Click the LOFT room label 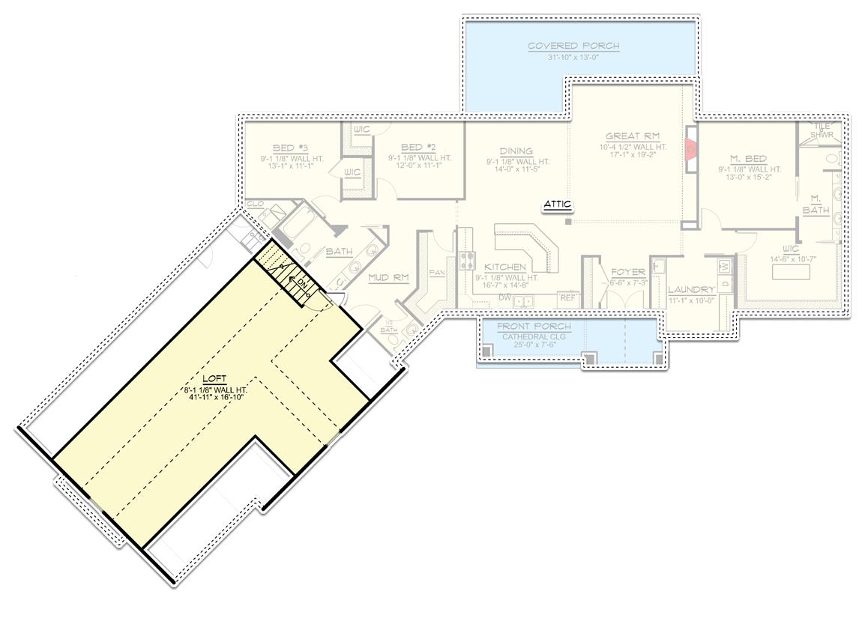point(214,379)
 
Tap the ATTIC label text point(558,204)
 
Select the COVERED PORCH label point(573,46)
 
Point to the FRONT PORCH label point(534,327)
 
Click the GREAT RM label point(633,136)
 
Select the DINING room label point(516,151)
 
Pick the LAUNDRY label point(692,290)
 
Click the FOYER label point(628,273)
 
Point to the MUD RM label point(388,278)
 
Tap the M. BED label point(747,158)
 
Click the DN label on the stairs point(301,284)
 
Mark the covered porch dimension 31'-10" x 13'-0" point(573,57)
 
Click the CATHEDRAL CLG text point(534,337)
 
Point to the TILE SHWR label point(825,131)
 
